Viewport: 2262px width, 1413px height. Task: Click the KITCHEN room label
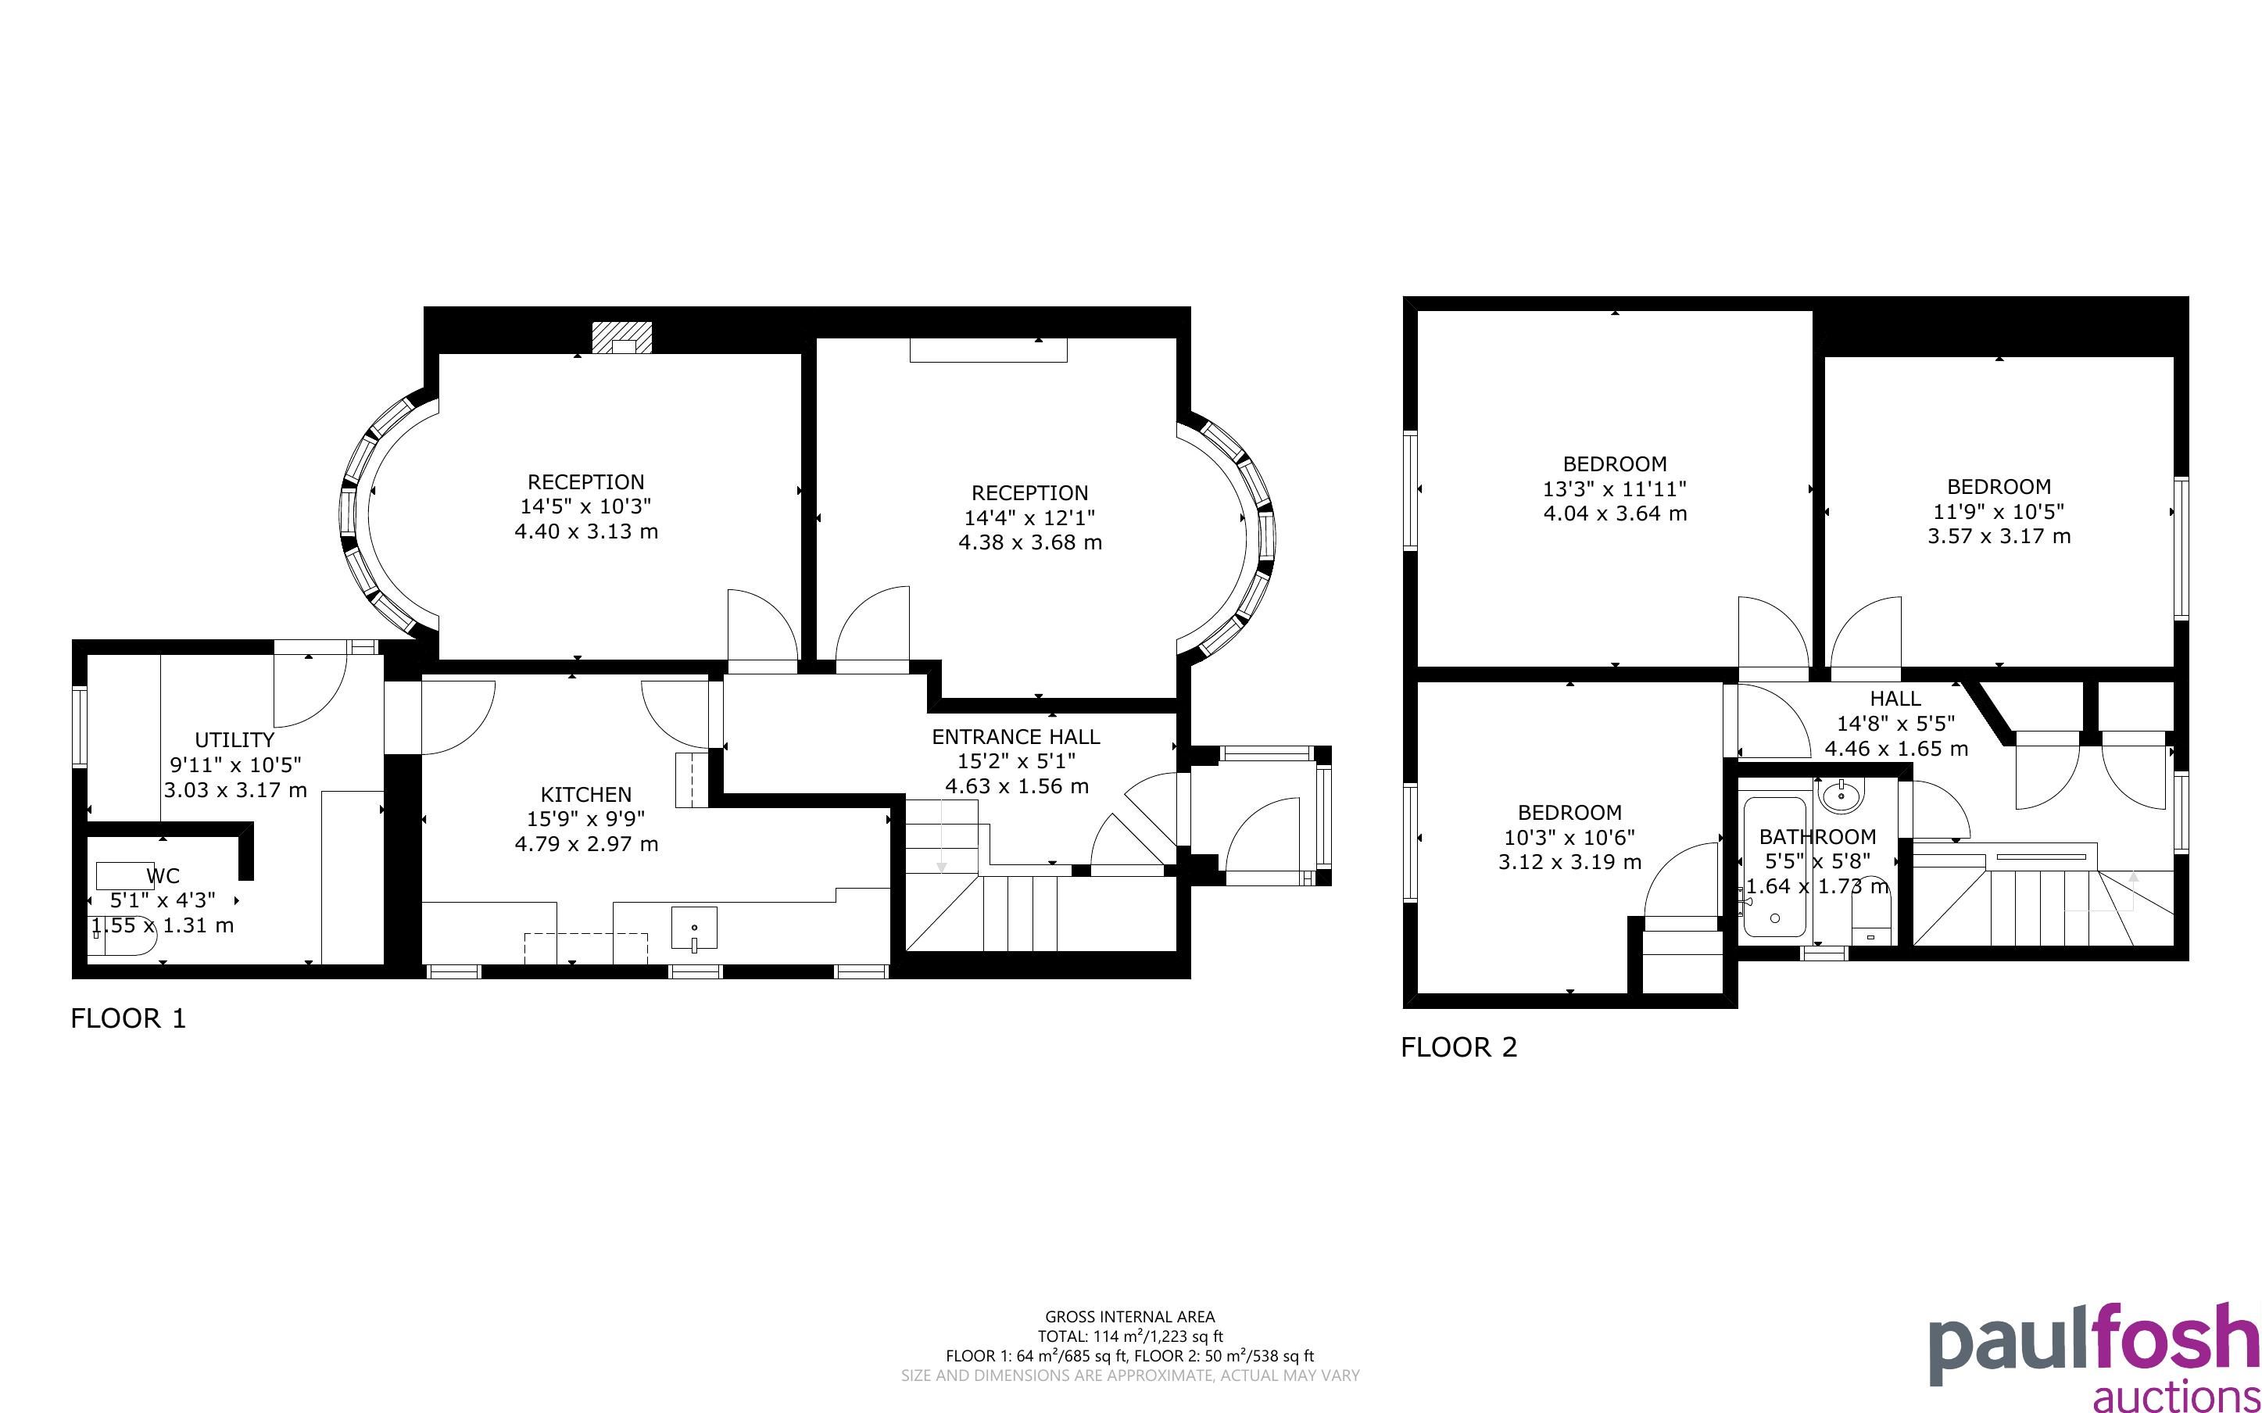[585, 794]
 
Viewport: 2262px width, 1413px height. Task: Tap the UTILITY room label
[234, 740]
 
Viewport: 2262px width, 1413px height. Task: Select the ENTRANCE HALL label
[1015, 736]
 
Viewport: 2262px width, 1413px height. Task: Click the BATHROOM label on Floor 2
[1817, 836]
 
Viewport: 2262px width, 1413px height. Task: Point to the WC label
[163, 875]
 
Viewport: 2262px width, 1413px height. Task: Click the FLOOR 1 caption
[129, 1018]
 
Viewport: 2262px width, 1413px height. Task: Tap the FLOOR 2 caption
[1459, 1046]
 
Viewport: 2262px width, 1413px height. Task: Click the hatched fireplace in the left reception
[621, 338]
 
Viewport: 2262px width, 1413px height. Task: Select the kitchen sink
[694, 929]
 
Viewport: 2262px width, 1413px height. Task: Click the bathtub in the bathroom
[1774, 867]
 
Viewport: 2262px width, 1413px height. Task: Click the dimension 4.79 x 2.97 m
[585, 844]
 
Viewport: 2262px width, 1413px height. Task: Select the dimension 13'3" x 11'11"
[1615, 488]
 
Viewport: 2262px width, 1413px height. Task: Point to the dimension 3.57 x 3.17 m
[1999, 535]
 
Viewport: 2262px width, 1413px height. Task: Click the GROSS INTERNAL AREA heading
[1129, 1317]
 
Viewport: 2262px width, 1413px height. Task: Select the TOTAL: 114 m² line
[1129, 1336]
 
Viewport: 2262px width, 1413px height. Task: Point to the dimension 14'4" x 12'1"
[1029, 517]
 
